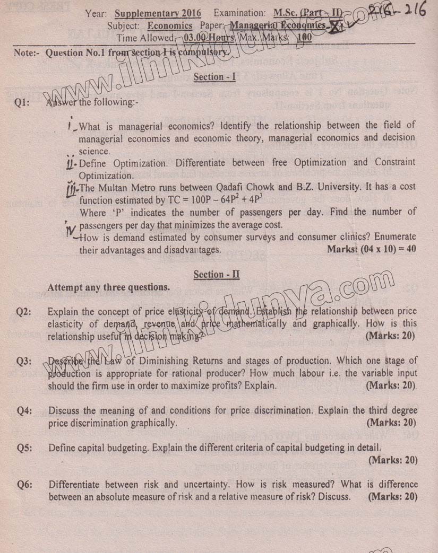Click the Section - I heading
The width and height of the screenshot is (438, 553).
coord(214,77)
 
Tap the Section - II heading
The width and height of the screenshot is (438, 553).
coord(217,274)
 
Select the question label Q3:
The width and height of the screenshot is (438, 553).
coord(24,362)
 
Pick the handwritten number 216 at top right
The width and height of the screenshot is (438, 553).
coord(412,12)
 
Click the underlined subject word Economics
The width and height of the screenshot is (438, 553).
coord(170,25)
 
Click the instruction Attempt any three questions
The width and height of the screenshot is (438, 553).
coord(109,287)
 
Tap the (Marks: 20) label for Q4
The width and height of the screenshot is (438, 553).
coord(391,423)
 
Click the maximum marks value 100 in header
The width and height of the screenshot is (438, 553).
coord(305,38)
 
